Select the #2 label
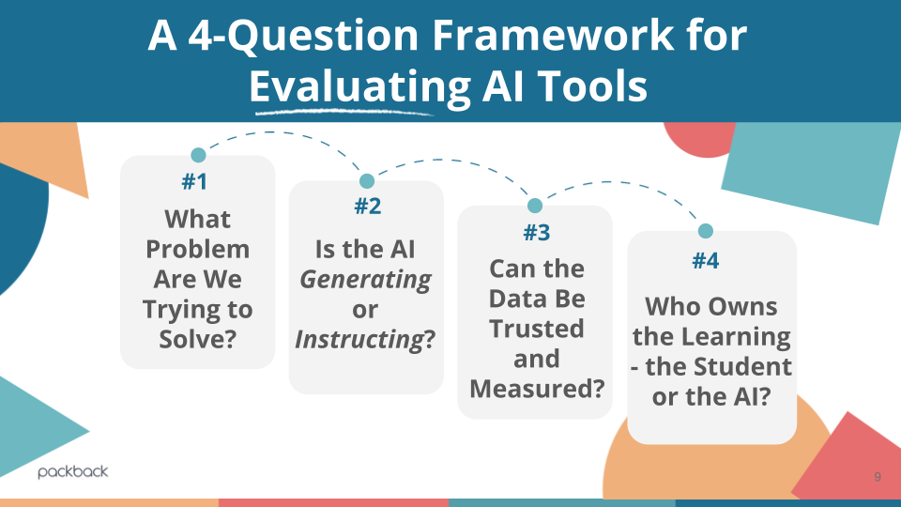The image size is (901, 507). click(367, 207)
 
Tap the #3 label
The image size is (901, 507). click(536, 232)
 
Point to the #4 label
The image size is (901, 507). click(705, 260)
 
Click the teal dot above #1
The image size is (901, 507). click(198, 155)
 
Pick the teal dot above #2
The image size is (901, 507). click(367, 180)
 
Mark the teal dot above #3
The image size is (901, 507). click(535, 206)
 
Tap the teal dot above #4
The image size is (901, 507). click(705, 231)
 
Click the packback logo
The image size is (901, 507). click(73, 471)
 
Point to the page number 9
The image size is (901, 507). click(877, 477)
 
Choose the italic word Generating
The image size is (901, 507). click(365, 279)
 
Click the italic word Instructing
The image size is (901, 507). click(359, 339)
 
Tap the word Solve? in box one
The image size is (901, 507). click(197, 339)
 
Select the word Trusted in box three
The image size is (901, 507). click(536, 329)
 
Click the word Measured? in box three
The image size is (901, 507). click(536, 387)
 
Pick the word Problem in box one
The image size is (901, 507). click(198, 249)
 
